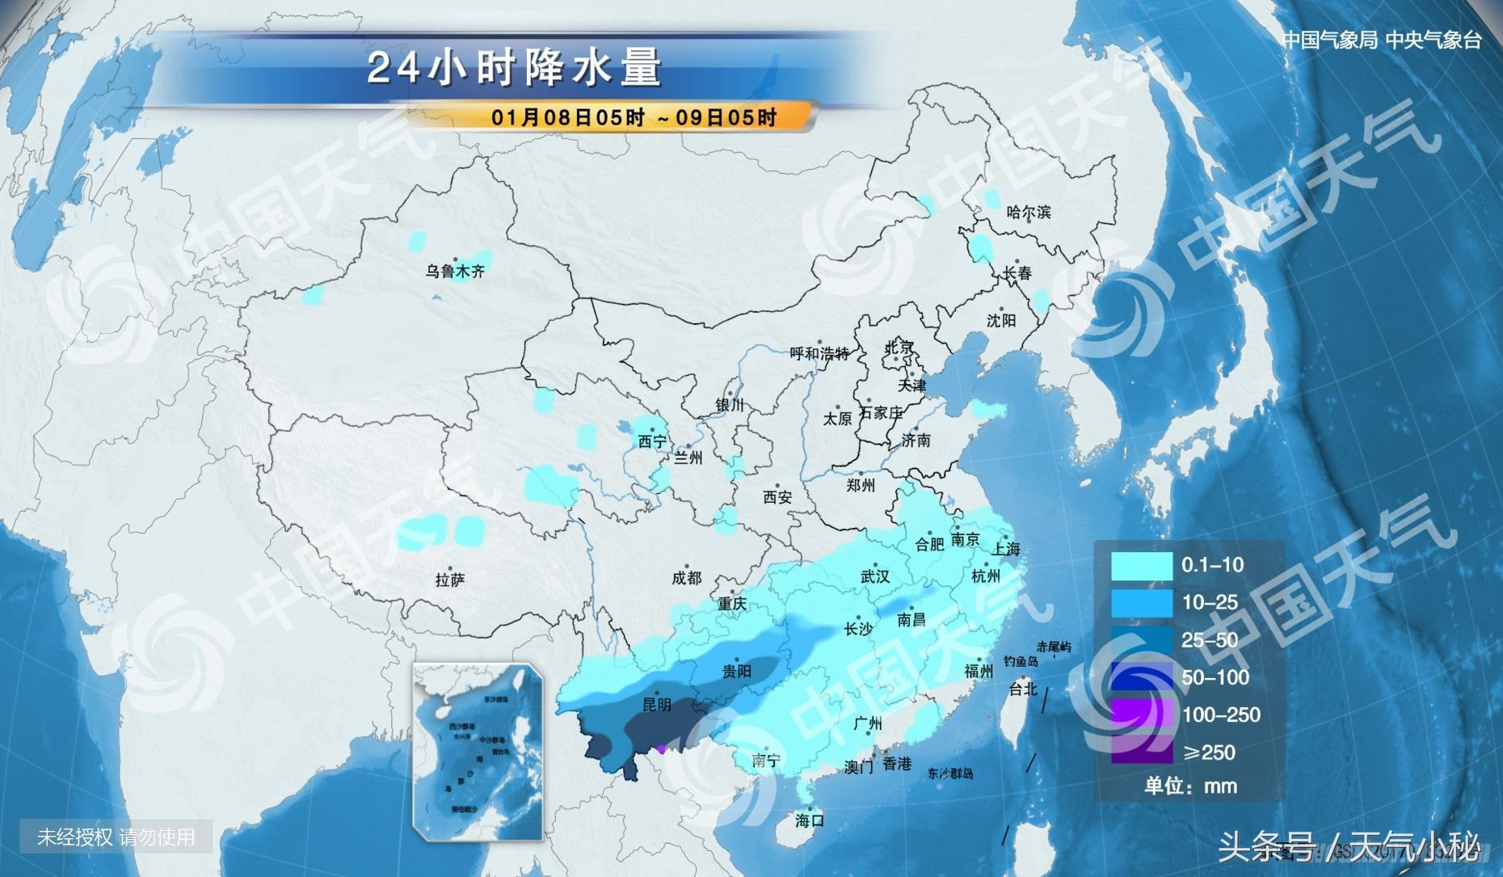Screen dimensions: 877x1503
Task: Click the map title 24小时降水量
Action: [x=515, y=68]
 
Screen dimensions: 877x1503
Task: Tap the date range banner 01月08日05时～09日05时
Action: [x=634, y=118]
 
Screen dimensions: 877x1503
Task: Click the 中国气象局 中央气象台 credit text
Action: [x=1381, y=40]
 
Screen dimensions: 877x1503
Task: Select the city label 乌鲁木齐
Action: [x=455, y=272]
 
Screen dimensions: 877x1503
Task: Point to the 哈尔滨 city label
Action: [x=1029, y=213]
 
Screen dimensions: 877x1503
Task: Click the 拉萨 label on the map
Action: [x=450, y=580]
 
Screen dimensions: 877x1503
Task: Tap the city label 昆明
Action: [x=656, y=705]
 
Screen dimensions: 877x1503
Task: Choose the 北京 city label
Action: [x=899, y=348]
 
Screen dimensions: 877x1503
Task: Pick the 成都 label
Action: [x=686, y=578]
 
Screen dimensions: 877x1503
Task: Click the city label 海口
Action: [x=809, y=820]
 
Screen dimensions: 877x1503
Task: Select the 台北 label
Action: [x=1022, y=689]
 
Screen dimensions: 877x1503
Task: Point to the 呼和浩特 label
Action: [x=819, y=354]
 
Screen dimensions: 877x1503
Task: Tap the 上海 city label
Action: [x=1006, y=549]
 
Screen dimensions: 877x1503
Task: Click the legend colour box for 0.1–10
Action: [x=1141, y=566]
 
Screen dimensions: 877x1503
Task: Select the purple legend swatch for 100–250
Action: [x=1141, y=715]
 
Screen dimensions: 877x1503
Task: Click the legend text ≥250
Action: [x=1209, y=753]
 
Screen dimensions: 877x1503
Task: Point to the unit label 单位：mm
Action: [x=1190, y=786]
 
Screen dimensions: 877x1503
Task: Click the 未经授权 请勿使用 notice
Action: [x=116, y=837]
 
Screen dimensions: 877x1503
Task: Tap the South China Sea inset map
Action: [x=477, y=753]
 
